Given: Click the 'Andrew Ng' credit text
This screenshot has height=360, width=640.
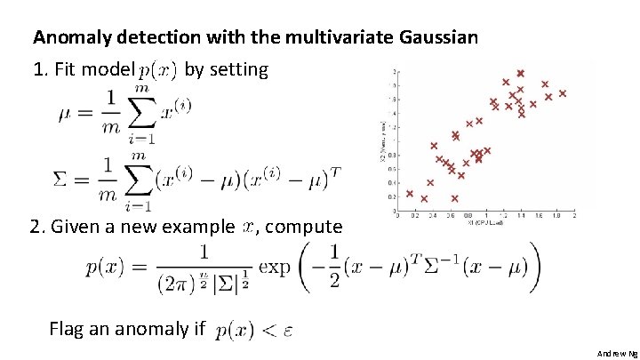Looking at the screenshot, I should (617, 353).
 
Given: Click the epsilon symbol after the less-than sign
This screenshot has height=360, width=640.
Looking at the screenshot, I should (288, 331).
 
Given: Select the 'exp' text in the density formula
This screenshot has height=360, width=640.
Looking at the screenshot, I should (275, 266).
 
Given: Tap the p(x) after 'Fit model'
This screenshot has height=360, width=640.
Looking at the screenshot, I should (158, 69).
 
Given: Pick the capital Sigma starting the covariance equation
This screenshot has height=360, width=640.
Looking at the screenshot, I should (62, 179).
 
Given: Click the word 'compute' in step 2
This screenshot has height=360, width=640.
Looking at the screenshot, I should (303, 227).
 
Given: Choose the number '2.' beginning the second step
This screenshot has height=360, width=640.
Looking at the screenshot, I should (38, 227).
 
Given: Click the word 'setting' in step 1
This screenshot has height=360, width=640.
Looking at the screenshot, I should (238, 68).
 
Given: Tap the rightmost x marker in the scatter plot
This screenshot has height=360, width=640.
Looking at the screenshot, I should (563, 92).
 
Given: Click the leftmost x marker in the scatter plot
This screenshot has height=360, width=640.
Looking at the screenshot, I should (410, 193).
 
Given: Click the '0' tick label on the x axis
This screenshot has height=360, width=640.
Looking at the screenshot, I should (397, 216).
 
